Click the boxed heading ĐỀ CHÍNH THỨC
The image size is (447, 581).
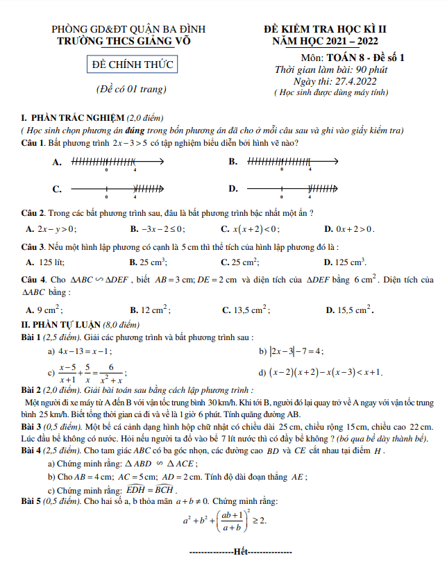(x=132, y=66)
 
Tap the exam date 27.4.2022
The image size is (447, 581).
(x=352, y=81)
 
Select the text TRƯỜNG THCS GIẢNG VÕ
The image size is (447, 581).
(x=124, y=41)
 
